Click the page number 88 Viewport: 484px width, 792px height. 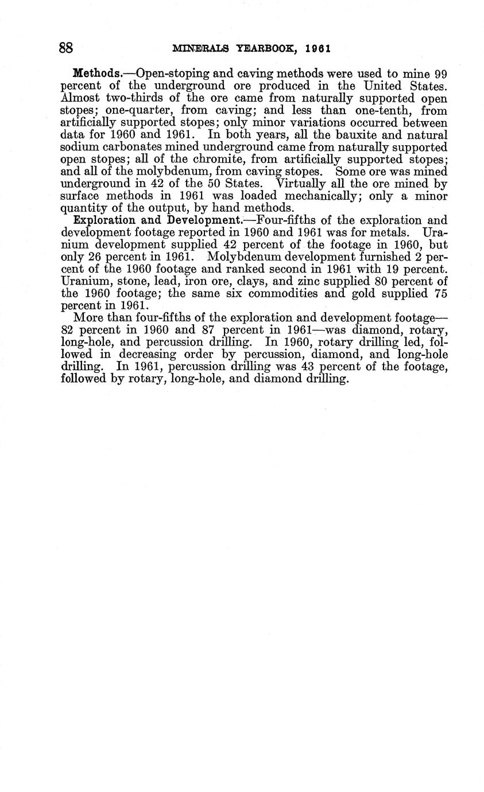pyautogui.click(x=67, y=48)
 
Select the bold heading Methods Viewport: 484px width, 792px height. pyautogui.click(x=95, y=74)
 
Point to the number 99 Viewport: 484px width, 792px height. pyautogui.click(x=440, y=74)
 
